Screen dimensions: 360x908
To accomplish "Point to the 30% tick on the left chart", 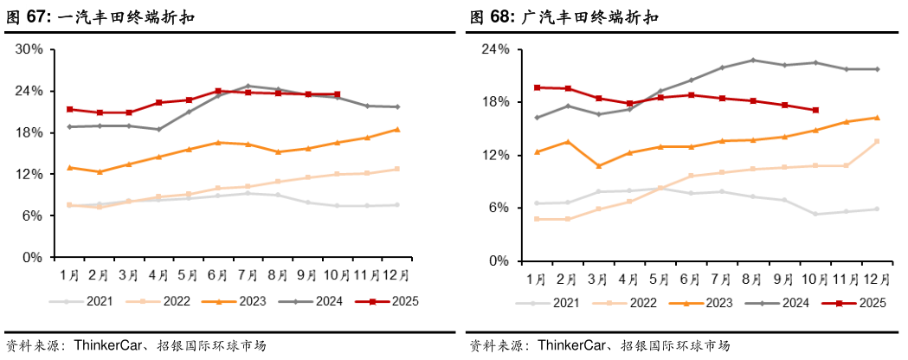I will point(30,49).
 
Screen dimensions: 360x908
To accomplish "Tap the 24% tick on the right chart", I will point(493,49).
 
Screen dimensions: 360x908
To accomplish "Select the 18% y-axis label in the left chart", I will point(30,132).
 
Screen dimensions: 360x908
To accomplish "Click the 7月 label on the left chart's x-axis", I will point(248,275).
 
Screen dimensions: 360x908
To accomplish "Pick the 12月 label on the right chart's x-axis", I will point(877,279).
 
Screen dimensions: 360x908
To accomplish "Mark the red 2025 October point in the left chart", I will point(337,94).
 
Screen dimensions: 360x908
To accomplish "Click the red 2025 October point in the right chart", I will point(815,110).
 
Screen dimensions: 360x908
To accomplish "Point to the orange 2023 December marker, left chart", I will point(396,130).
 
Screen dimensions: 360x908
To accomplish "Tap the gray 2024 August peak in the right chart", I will point(753,60).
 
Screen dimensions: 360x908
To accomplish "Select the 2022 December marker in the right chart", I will point(877,141).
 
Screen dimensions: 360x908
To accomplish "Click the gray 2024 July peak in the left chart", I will point(248,86).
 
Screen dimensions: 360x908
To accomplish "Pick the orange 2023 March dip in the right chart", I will point(599,166).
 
